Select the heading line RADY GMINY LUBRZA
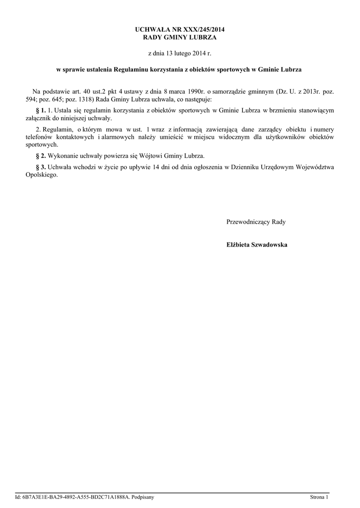(180, 38)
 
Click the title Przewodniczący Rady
(256, 222)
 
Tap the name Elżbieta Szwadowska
(257, 245)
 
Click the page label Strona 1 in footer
(319, 497)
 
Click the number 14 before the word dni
(155, 167)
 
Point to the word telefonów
(40, 136)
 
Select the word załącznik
(39, 118)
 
